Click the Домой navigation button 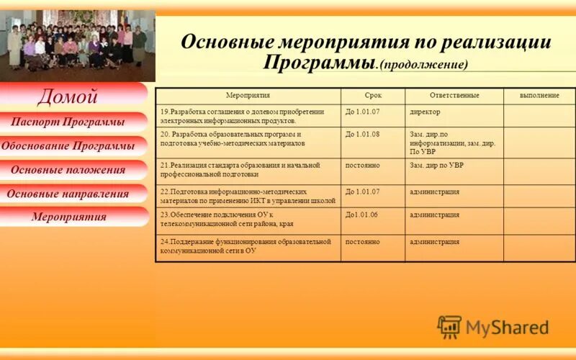point(68,96)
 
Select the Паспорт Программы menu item point(68,122)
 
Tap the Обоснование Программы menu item point(68,146)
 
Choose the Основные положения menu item point(68,170)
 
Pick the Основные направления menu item point(68,194)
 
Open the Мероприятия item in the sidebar point(68,217)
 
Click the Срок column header point(373,96)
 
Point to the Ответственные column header point(454,96)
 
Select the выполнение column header point(539,96)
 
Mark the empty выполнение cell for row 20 point(539,143)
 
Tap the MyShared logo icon point(449,328)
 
